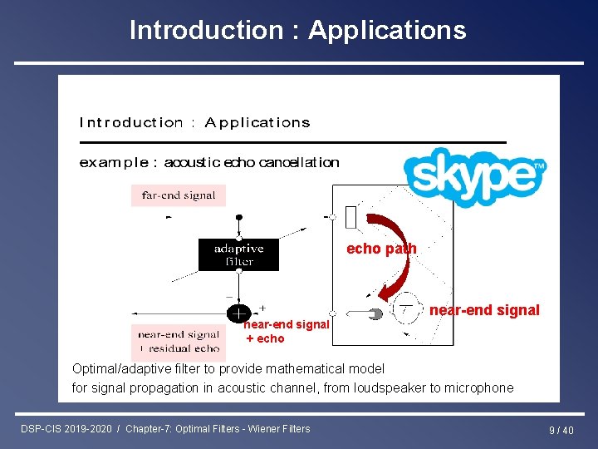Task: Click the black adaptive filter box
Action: click(x=238, y=254)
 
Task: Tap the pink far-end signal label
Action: click(x=179, y=195)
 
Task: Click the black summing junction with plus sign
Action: click(x=238, y=313)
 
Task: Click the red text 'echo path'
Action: click(x=381, y=249)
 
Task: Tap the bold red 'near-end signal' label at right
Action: click(x=484, y=310)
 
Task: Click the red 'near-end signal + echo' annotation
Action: click(x=287, y=331)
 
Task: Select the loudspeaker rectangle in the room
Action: click(x=350, y=217)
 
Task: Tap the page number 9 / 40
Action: click(x=561, y=430)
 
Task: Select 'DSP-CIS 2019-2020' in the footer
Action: click(x=67, y=429)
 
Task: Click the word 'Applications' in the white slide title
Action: click(x=387, y=30)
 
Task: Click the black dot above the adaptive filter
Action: click(x=239, y=217)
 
